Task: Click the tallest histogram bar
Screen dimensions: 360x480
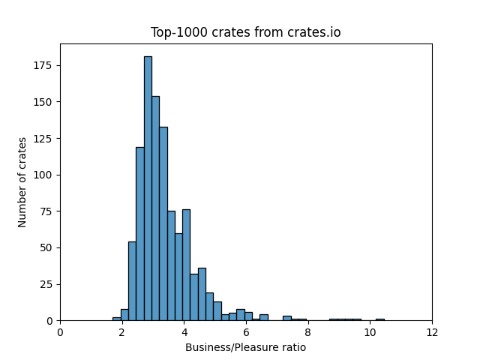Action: (x=148, y=188)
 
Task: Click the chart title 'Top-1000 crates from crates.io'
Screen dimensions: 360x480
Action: (x=245, y=32)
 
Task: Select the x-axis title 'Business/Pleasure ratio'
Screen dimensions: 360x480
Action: (x=245, y=347)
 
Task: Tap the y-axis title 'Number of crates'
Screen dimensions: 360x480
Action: (x=22, y=182)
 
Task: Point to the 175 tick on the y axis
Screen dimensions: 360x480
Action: (x=46, y=65)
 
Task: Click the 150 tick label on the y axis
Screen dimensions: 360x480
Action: (x=46, y=102)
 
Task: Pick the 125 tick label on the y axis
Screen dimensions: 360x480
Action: (x=46, y=138)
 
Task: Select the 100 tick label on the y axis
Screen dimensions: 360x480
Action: (x=46, y=175)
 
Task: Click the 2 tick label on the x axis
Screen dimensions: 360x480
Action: (x=122, y=332)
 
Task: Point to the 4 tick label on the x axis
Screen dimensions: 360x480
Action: (x=184, y=332)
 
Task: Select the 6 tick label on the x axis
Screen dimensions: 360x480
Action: (x=246, y=332)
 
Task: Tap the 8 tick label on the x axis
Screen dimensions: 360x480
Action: (x=308, y=332)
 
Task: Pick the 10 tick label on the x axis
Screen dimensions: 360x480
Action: (x=370, y=332)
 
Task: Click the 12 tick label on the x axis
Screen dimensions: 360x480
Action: (x=432, y=332)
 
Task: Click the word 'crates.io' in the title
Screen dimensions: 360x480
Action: (x=315, y=32)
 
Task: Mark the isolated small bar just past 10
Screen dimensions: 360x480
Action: (x=379, y=319)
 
